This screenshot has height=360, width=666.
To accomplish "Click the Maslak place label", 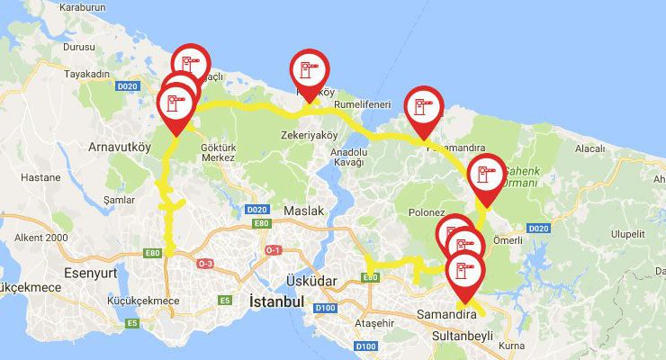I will coord(302,211).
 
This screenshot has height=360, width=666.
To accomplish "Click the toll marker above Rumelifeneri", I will coord(310,70).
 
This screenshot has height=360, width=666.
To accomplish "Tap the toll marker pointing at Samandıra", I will coord(464,273).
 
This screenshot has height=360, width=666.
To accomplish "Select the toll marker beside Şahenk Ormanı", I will coord(487,175).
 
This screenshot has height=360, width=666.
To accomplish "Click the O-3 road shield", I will coord(205,263).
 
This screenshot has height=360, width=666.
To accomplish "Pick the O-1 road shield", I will coord(273,249).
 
